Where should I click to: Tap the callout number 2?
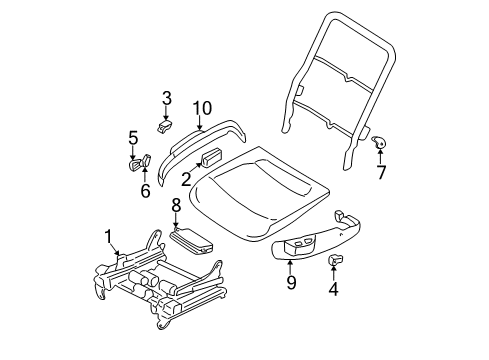pos(186,179)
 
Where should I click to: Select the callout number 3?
pos(167,98)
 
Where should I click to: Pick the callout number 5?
pos(131,137)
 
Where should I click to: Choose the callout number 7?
pos(379,172)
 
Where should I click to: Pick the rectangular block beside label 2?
pos(211,157)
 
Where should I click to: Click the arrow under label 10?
pos(201,124)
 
